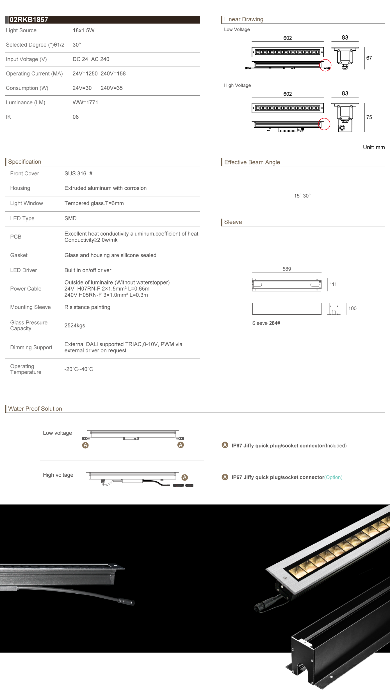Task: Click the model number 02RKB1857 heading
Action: click(29, 20)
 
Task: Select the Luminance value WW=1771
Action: click(85, 102)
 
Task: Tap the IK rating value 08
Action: click(76, 117)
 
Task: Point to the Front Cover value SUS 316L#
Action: click(78, 173)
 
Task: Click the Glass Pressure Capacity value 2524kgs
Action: click(75, 325)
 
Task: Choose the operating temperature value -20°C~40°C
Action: click(79, 369)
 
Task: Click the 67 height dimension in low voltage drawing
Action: click(369, 58)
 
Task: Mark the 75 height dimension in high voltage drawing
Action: click(369, 117)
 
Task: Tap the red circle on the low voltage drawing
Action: click(325, 65)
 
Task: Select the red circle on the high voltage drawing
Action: click(324, 124)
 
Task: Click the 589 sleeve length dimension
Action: click(287, 269)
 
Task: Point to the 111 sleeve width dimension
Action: click(333, 284)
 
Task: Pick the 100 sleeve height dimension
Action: click(352, 308)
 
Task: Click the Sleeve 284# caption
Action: click(266, 323)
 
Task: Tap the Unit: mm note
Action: click(374, 147)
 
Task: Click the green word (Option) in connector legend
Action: click(333, 477)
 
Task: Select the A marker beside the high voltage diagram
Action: click(185, 477)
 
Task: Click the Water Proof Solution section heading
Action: click(35, 408)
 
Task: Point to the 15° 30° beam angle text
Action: click(302, 196)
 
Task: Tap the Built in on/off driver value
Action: click(88, 270)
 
